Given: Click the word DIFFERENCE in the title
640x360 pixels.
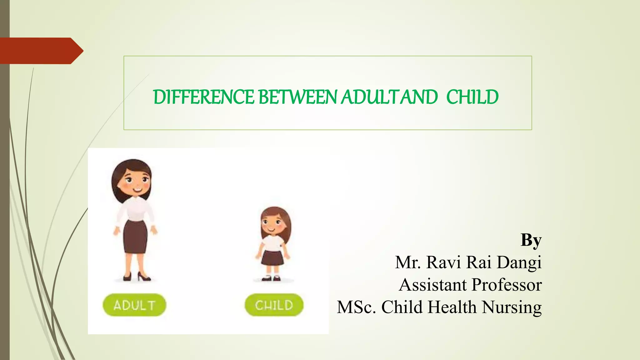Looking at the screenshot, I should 203,97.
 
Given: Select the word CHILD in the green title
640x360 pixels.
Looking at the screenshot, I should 472,97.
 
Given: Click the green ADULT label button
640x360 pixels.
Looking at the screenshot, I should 134,305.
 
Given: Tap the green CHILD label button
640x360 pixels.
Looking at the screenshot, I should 274,305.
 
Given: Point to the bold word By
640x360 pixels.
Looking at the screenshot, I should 531,240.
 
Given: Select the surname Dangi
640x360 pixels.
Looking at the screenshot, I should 519,262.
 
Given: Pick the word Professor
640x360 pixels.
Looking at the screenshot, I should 507,285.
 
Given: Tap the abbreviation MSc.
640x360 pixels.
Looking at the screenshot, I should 356,307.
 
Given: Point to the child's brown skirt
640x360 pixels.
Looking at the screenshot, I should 272,257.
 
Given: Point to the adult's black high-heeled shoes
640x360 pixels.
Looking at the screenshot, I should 136,277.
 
